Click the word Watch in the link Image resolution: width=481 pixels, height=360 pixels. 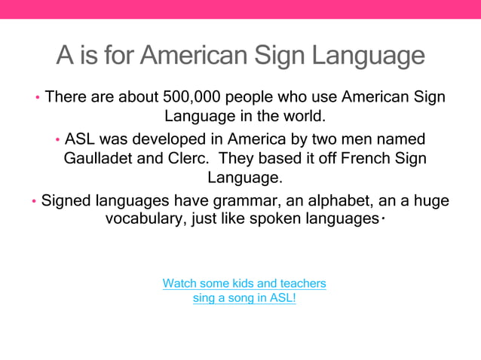tap(179, 283)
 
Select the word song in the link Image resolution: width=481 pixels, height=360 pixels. tap(233, 297)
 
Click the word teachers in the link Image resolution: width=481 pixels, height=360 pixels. tap(302, 283)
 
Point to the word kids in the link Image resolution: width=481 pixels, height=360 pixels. tap(240, 283)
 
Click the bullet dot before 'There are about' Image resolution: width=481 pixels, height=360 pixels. tap(38, 98)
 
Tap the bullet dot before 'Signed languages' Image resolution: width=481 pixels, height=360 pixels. tap(34, 202)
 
